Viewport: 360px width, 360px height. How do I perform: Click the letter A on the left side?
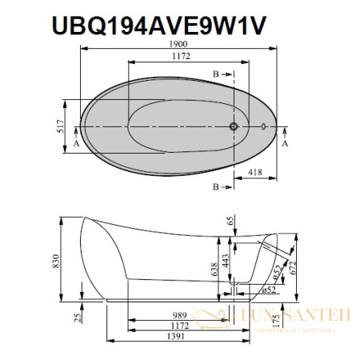76,144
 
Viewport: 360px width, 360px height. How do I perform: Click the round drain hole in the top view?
234,126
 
